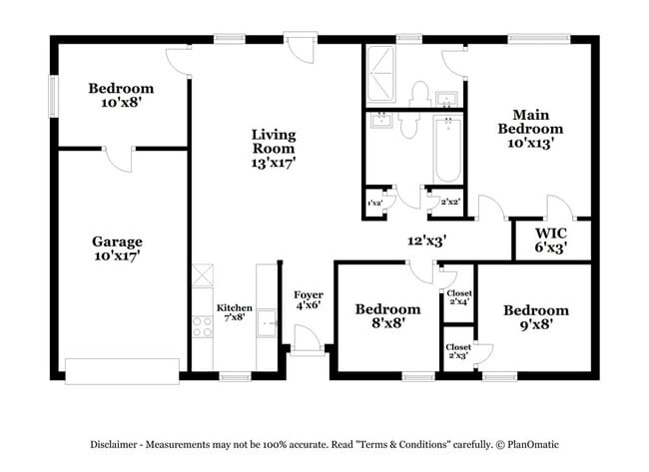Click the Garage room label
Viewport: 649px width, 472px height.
point(117,248)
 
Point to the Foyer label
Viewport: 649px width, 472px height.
point(308,300)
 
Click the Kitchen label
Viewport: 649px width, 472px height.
point(235,312)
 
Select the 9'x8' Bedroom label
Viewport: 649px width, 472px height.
point(535,316)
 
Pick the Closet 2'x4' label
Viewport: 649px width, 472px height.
point(458,296)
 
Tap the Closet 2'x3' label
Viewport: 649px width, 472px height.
point(458,351)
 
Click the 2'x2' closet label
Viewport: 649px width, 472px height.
point(449,202)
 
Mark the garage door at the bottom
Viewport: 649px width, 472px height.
point(122,370)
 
